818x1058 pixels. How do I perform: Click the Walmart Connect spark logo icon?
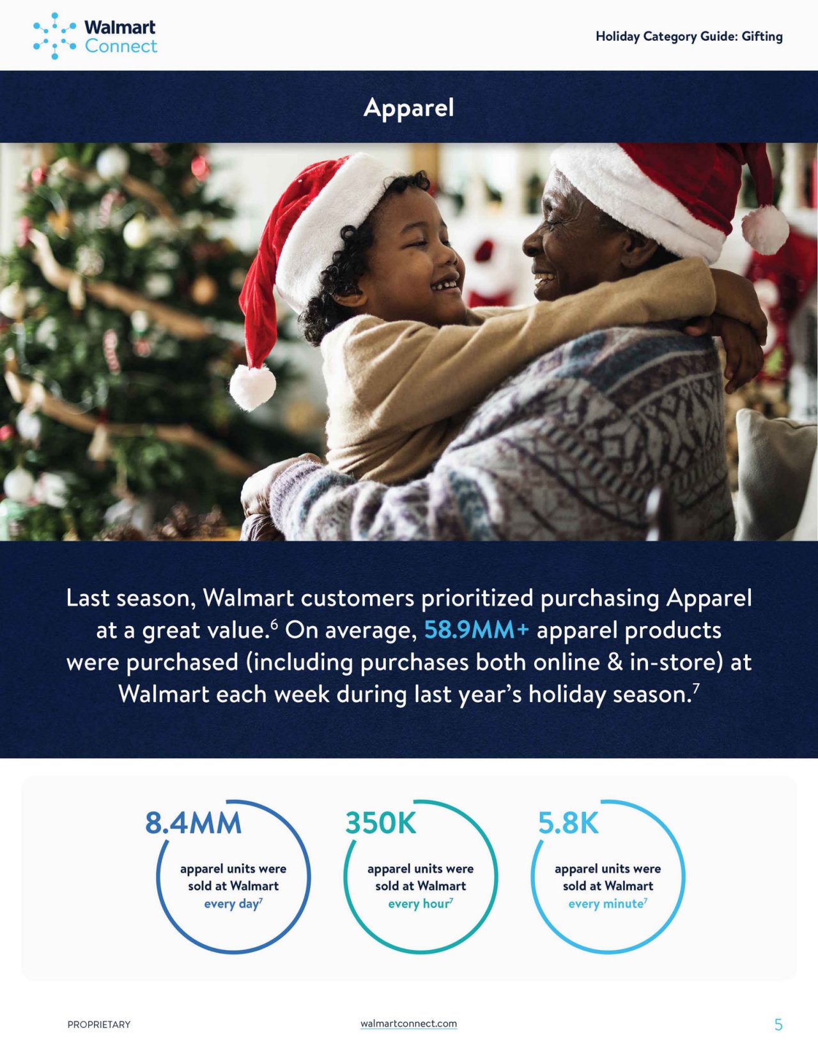(54, 36)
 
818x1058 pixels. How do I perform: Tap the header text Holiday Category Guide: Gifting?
(689, 36)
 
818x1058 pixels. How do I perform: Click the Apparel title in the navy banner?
(408, 107)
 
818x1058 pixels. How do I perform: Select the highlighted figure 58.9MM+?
(476, 629)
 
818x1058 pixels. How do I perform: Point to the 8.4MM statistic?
(193, 823)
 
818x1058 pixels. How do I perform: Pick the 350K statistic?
(381, 823)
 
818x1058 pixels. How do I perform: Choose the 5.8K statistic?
(568, 823)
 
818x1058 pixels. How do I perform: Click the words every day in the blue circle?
(231, 904)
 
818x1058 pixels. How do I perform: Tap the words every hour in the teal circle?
(418, 904)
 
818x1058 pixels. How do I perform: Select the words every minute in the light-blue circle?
(606, 904)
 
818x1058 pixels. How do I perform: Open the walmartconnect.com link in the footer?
(408, 1023)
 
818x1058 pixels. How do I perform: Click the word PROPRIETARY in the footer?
(99, 1024)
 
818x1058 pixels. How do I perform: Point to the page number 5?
(778, 1025)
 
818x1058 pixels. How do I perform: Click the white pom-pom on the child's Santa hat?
(252, 387)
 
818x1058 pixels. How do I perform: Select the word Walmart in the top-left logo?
(120, 27)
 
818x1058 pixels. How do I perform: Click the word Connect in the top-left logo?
(121, 46)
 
